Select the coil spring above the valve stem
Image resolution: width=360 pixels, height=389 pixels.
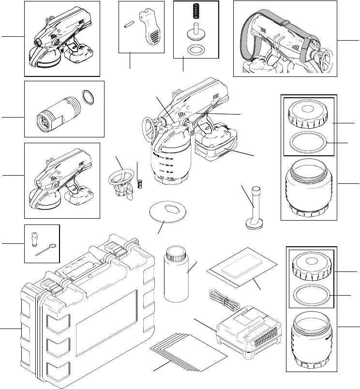[x=196, y=11]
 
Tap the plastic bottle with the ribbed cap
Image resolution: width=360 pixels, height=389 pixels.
[x=176, y=277]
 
